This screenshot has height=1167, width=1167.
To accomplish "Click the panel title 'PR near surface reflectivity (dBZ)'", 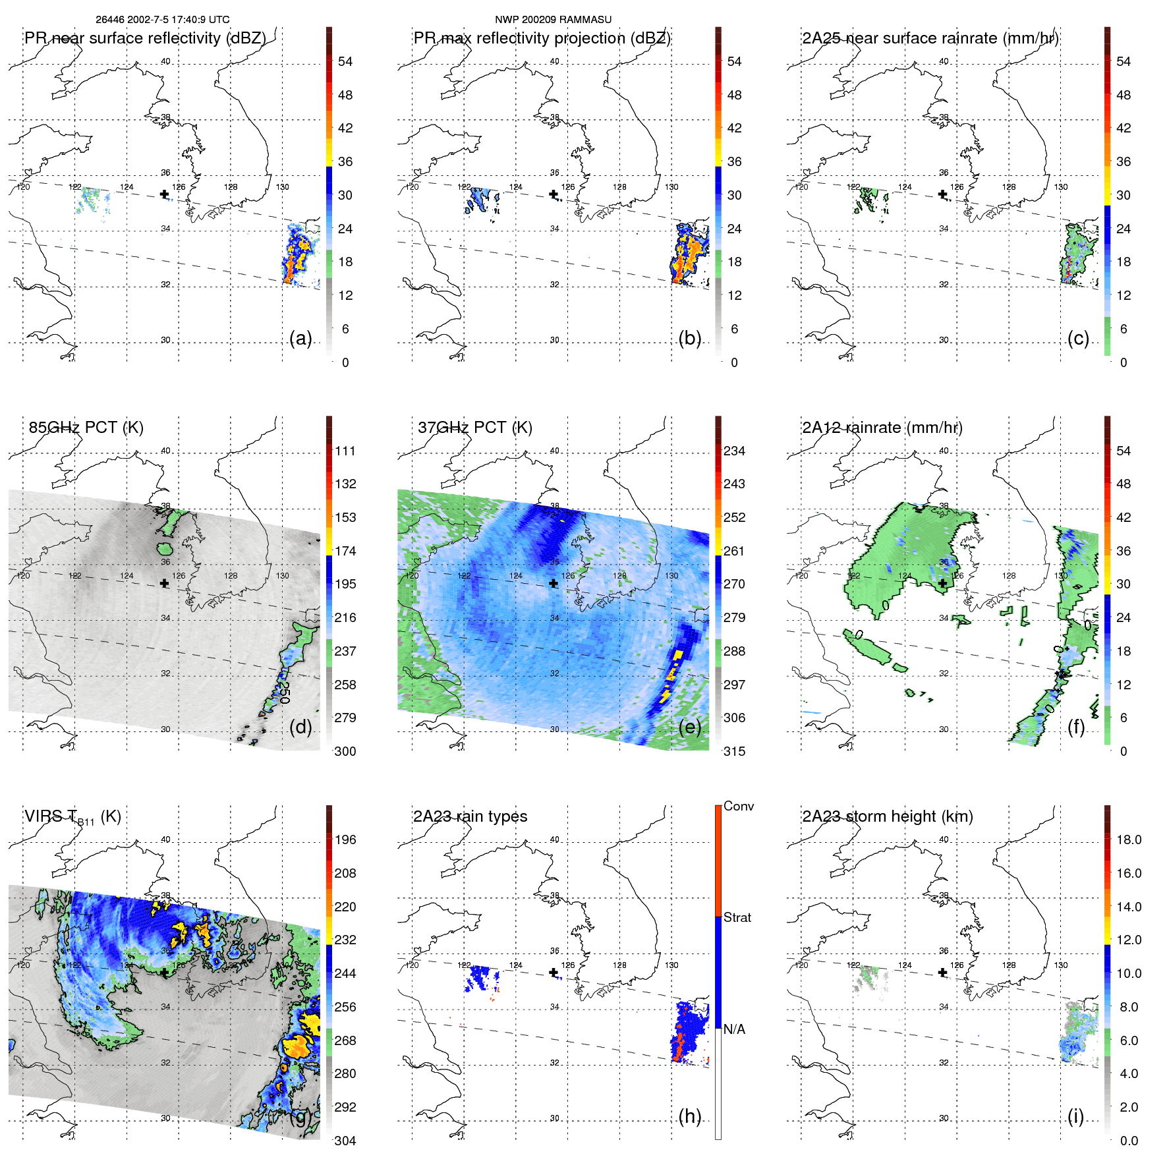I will pos(145,38).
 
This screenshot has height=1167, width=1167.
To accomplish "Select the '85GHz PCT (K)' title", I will pos(86,427).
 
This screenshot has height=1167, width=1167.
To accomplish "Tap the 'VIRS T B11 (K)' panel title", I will pos(72,817).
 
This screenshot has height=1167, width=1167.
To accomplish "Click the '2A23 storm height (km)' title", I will pos(888,816).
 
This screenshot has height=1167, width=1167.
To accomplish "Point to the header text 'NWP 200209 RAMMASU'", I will pos(553,19).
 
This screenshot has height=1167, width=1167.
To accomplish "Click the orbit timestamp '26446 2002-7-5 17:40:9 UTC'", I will pos(162,19).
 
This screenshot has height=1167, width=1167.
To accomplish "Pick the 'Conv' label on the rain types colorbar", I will pos(738,806).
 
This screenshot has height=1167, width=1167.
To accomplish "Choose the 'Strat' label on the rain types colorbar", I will pos(737,917).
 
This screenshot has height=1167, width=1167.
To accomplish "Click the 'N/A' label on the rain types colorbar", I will pos(734,1029).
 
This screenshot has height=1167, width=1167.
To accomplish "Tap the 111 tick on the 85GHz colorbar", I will pos(345,451).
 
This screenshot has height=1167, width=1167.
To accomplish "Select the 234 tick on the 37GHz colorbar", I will pos(734,451).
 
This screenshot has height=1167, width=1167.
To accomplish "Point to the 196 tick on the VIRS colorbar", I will pos(345,840).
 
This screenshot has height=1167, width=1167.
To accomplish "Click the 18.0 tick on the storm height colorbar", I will pos(1128,840).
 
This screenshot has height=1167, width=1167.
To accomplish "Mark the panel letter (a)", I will pos(300,339).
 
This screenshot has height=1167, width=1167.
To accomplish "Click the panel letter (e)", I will pos(690,727).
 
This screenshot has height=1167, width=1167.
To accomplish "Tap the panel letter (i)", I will pos(1075,1116).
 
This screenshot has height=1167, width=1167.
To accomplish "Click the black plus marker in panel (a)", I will pos(164,194).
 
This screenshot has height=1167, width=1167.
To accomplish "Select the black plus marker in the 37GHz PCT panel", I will pos(554,583).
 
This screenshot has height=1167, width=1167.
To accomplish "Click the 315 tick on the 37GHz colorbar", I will pos(734,751).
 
